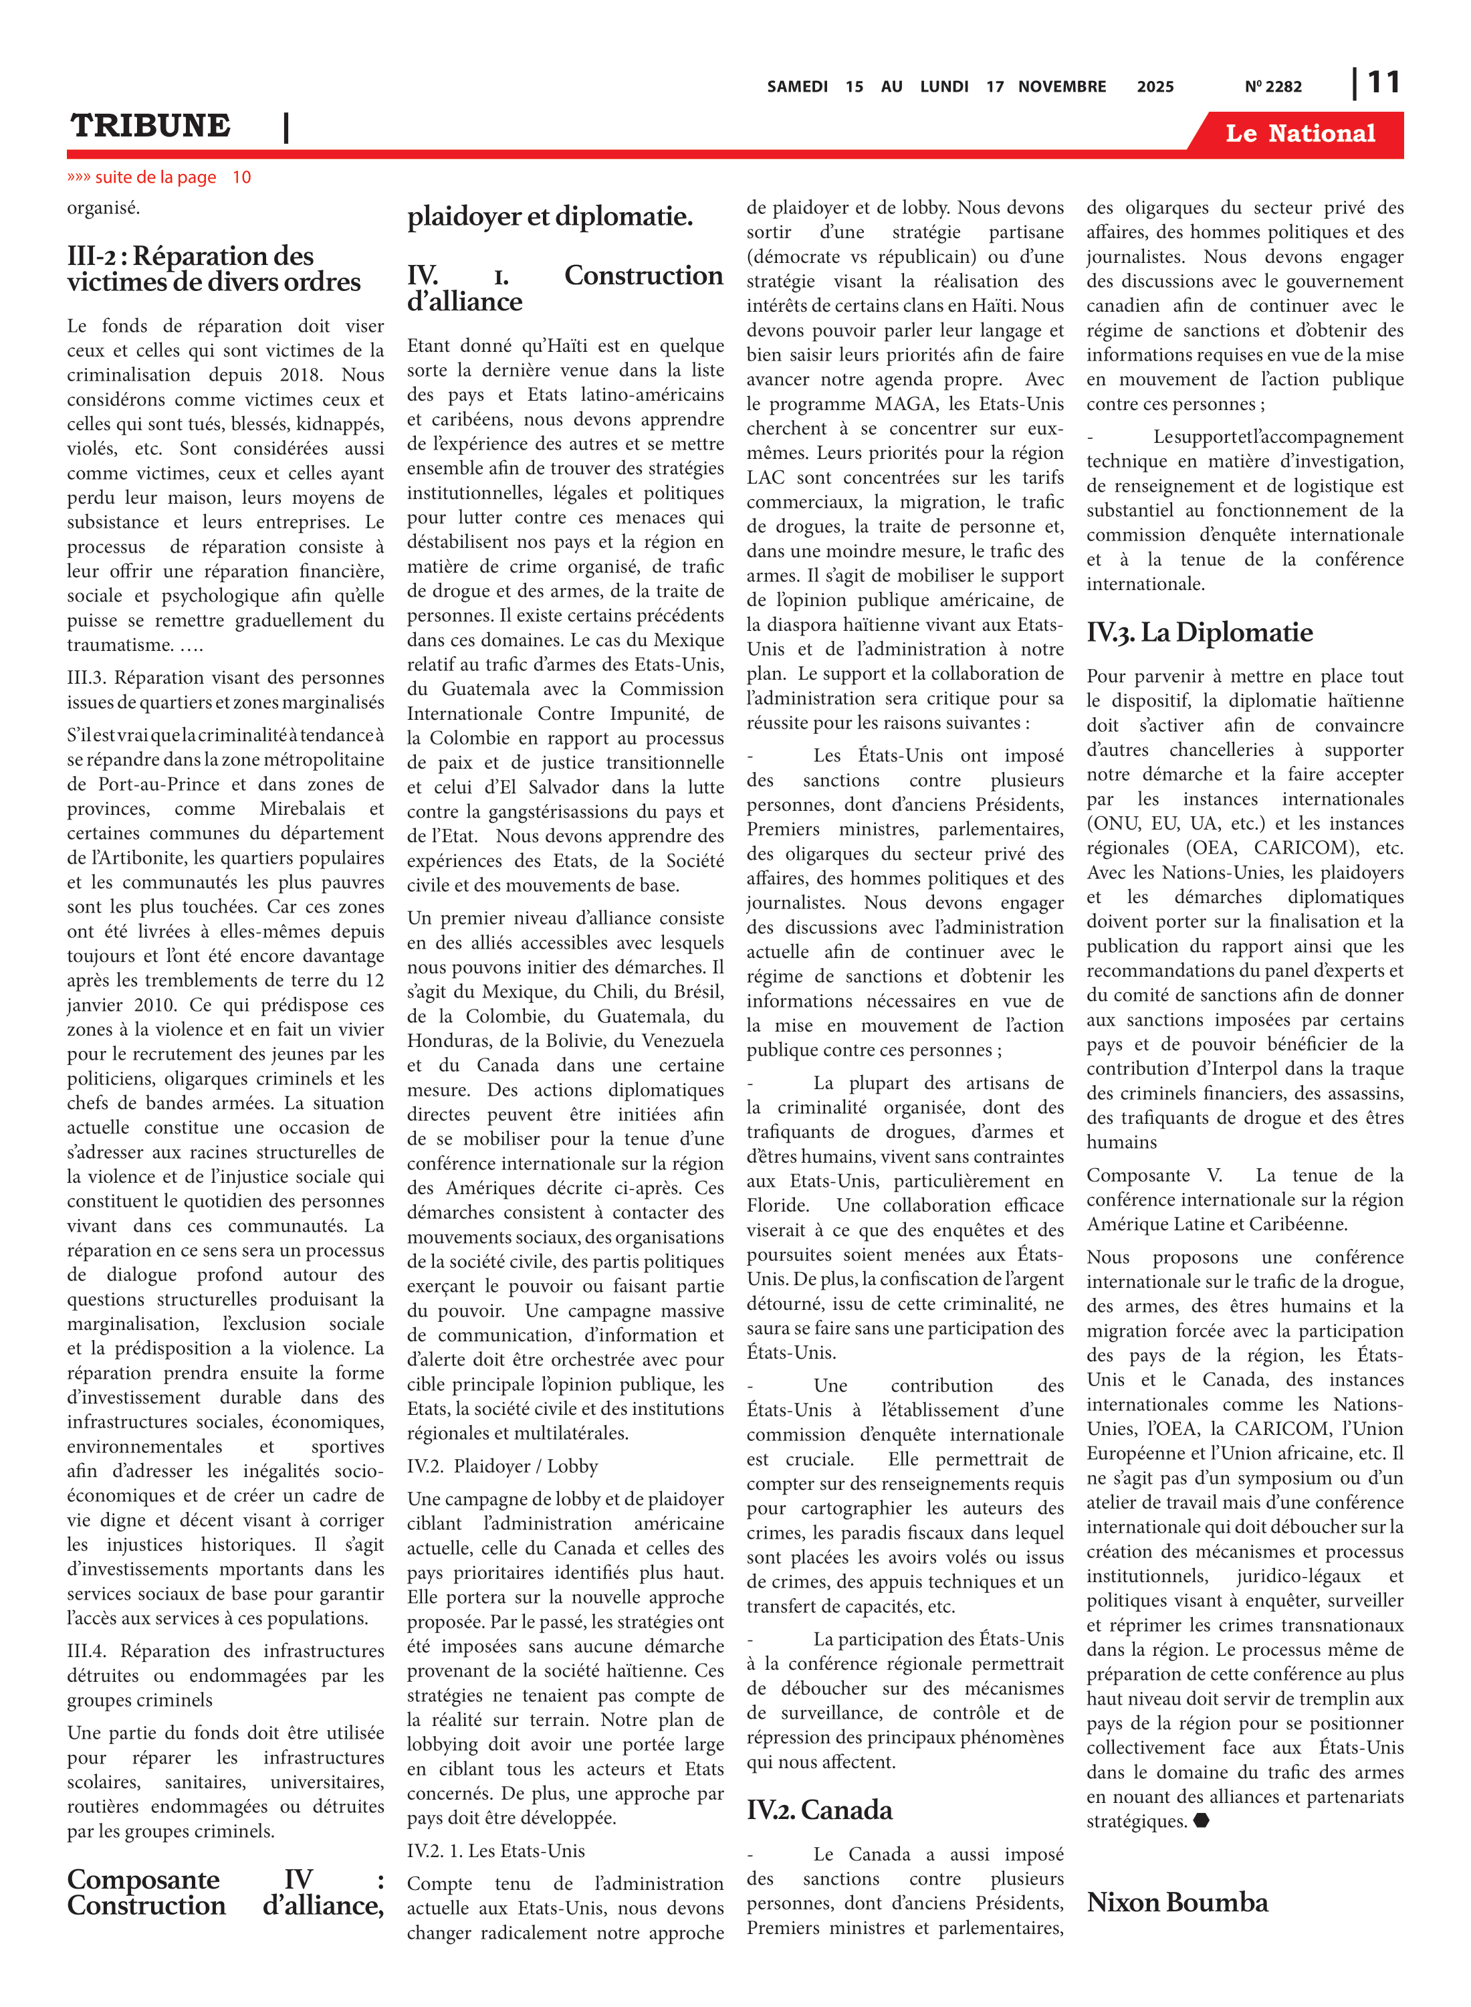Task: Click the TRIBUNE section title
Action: click(x=150, y=126)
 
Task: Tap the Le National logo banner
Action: click(x=1299, y=134)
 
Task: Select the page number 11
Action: click(x=1383, y=83)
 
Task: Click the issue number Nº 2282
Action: click(x=1272, y=87)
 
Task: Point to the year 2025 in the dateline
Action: click(x=1155, y=87)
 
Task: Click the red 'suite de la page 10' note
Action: click(x=159, y=177)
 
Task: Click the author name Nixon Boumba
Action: click(x=1176, y=1903)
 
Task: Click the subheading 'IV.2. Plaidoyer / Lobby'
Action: click(x=502, y=1466)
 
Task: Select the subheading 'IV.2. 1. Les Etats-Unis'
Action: click(x=495, y=1851)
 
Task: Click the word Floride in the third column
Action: click(x=776, y=1206)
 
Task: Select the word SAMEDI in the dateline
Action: click(x=797, y=87)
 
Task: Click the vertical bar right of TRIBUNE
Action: click(x=286, y=127)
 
